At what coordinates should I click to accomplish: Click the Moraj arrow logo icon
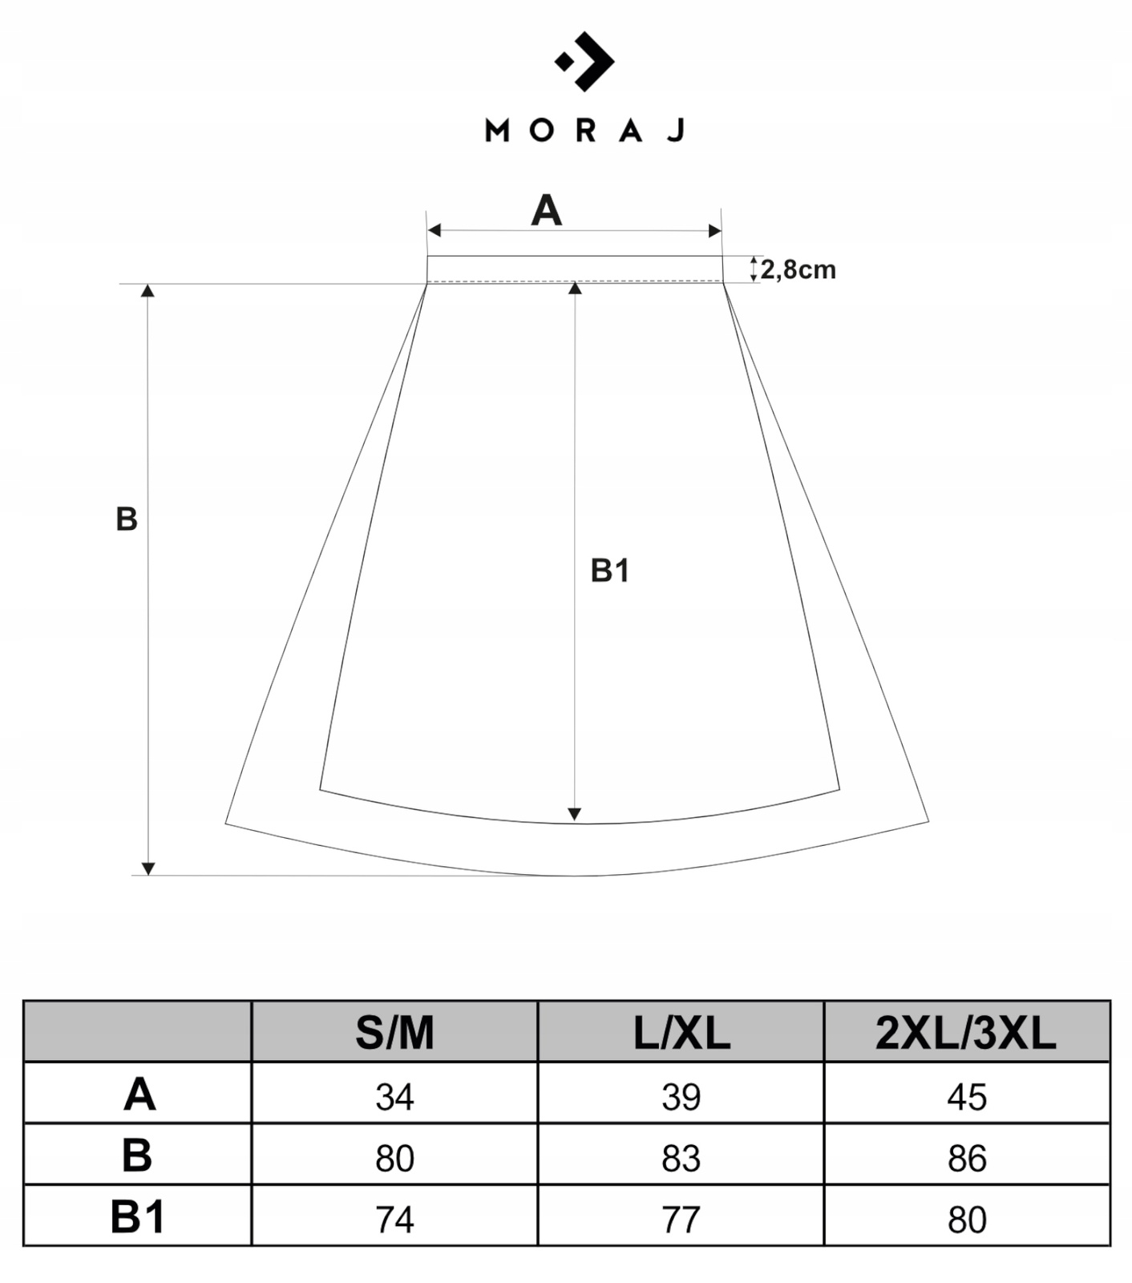click(x=584, y=61)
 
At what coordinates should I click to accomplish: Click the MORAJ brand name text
click(x=585, y=130)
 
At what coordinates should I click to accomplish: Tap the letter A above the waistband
click(x=547, y=211)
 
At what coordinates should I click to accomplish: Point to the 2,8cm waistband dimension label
click(x=798, y=269)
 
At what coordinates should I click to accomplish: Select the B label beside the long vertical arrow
click(x=127, y=520)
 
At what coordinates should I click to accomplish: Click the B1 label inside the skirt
click(x=610, y=571)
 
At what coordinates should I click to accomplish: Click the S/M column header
click(x=394, y=1033)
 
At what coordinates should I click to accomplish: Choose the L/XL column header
click(x=681, y=1033)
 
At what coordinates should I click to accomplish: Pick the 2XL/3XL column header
click(x=966, y=1033)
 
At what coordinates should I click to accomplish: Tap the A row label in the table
click(x=139, y=1094)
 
